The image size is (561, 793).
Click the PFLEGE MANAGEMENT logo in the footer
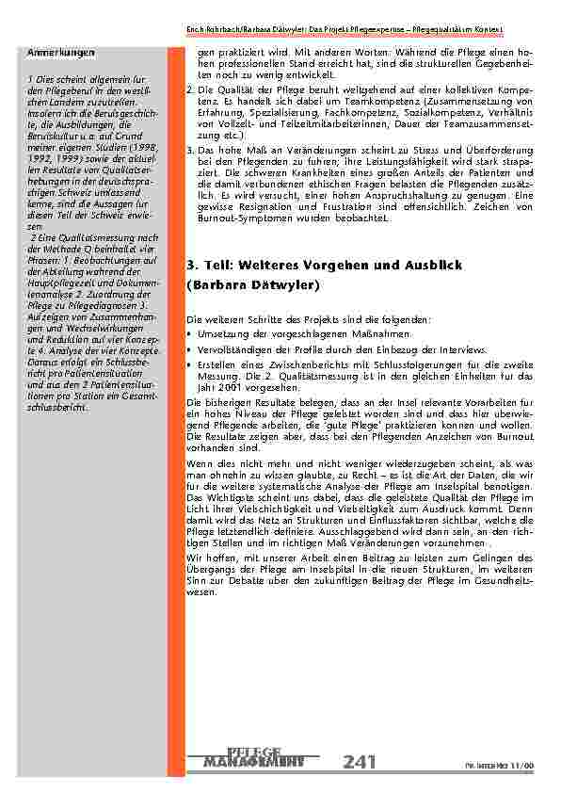[253, 756]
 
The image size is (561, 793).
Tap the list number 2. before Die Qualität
[191, 87]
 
